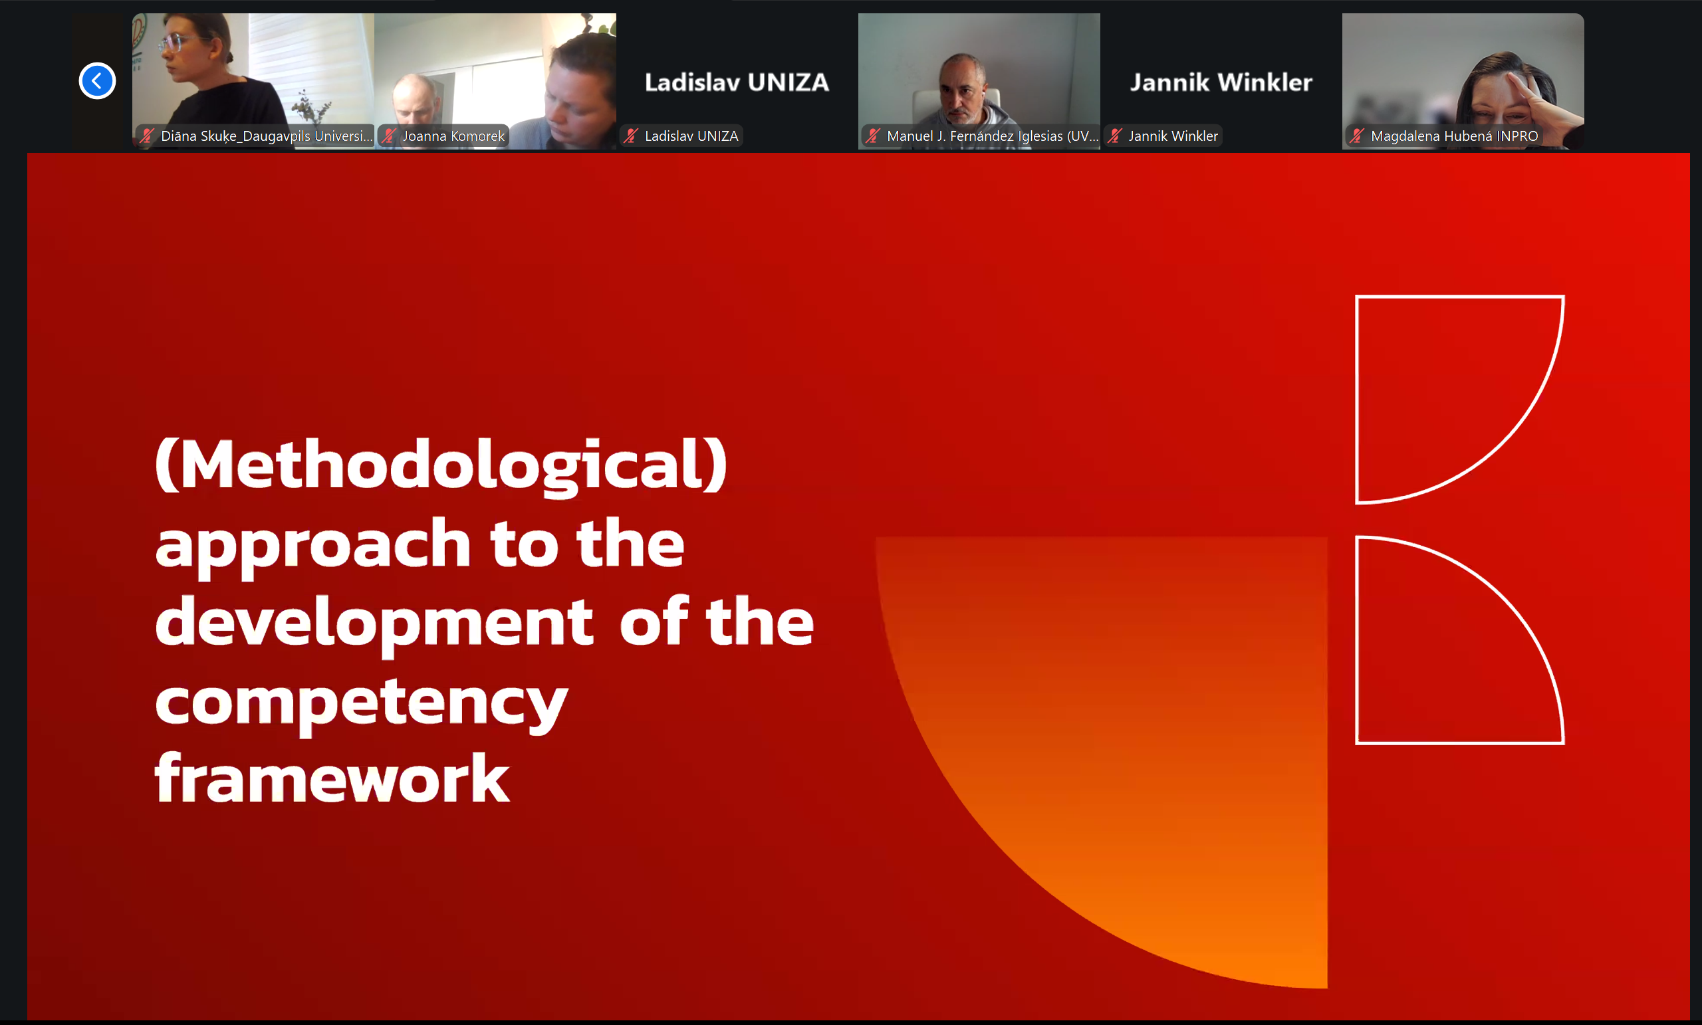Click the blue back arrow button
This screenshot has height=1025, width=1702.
click(x=96, y=81)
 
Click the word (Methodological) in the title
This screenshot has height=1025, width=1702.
click(x=441, y=465)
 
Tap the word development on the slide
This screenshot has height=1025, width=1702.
click(x=374, y=623)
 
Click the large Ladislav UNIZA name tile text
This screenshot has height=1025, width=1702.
click(x=737, y=82)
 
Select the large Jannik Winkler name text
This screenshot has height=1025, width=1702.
click(x=1221, y=82)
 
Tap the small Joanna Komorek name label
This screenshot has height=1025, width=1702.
click(x=453, y=136)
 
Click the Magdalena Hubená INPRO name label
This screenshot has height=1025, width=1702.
click(x=1454, y=136)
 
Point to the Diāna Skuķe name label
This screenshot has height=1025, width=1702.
click(x=266, y=136)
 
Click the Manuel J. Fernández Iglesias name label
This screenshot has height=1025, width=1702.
click(x=992, y=136)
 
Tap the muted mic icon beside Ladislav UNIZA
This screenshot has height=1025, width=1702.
click(x=631, y=136)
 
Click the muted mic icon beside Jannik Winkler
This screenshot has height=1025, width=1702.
click(x=1115, y=136)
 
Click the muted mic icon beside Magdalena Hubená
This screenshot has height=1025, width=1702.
click(x=1358, y=136)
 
